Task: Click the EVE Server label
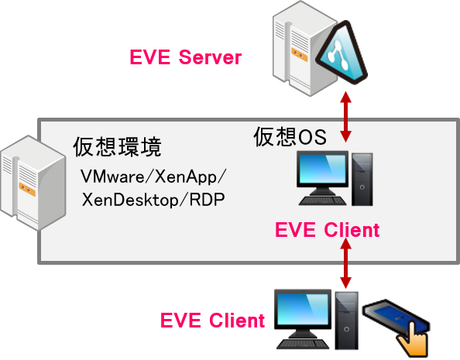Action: [185, 57]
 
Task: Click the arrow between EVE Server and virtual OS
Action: [346, 117]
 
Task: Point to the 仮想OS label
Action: [290, 136]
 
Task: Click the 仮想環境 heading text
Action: [118, 146]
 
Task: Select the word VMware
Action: [112, 177]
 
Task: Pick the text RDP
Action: [207, 200]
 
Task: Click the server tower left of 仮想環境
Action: [33, 183]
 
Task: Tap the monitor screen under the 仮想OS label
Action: [322, 169]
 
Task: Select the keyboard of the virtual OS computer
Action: [323, 201]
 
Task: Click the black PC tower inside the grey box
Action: [362, 180]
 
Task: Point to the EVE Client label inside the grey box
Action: [327, 229]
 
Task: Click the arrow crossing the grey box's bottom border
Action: [346, 263]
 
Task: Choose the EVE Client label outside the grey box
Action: [212, 320]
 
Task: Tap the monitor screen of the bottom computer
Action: [303, 309]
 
